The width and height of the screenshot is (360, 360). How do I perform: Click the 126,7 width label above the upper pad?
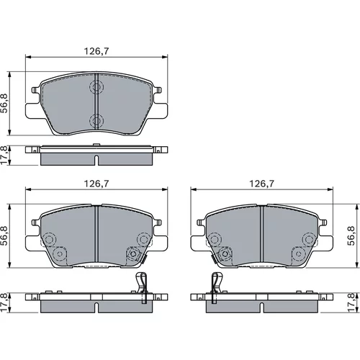point(96,51)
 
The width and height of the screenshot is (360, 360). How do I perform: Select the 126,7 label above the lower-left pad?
point(96,184)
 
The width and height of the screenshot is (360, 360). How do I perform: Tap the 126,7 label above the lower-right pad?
point(262,184)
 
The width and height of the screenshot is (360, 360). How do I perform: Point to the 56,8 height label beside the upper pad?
point(4,103)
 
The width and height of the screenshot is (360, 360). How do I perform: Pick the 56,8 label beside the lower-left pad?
point(4,235)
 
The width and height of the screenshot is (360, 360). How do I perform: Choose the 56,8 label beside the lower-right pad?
point(351,235)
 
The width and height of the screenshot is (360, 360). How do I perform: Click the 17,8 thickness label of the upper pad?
point(4,155)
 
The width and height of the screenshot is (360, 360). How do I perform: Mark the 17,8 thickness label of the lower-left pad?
point(4,302)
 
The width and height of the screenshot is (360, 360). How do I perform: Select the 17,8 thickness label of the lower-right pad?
point(351,302)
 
